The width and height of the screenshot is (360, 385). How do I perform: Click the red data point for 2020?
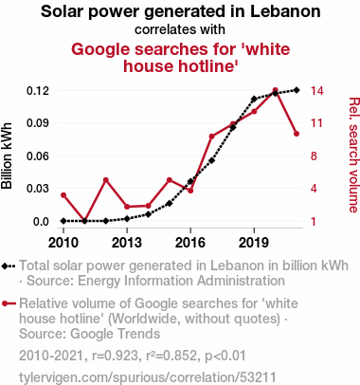click(275, 90)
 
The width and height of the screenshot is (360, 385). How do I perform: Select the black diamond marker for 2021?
click(297, 90)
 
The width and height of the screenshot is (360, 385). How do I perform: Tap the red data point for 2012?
click(106, 180)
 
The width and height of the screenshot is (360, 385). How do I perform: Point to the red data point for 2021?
click(297, 134)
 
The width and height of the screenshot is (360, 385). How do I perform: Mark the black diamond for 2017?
click(212, 160)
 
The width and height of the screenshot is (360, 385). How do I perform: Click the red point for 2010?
click(63, 195)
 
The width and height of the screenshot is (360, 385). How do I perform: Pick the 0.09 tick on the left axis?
click(38, 123)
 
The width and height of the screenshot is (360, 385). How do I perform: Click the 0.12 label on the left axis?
click(38, 91)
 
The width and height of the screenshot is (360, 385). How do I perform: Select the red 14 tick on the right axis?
click(316, 91)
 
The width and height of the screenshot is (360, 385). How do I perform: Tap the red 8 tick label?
click(314, 156)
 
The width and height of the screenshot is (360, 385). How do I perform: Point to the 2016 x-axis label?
click(190, 243)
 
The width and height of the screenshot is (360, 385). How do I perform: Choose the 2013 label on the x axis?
click(127, 243)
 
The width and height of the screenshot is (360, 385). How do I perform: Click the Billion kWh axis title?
click(7, 156)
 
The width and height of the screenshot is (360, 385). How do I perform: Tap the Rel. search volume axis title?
click(354, 155)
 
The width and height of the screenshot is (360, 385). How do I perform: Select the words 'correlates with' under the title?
click(180, 29)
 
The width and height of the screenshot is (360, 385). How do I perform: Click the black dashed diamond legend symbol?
click(9, 266)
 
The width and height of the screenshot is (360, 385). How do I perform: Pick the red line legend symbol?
click(9, 303)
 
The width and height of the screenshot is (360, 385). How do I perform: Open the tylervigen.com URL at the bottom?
click(148, 377)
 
